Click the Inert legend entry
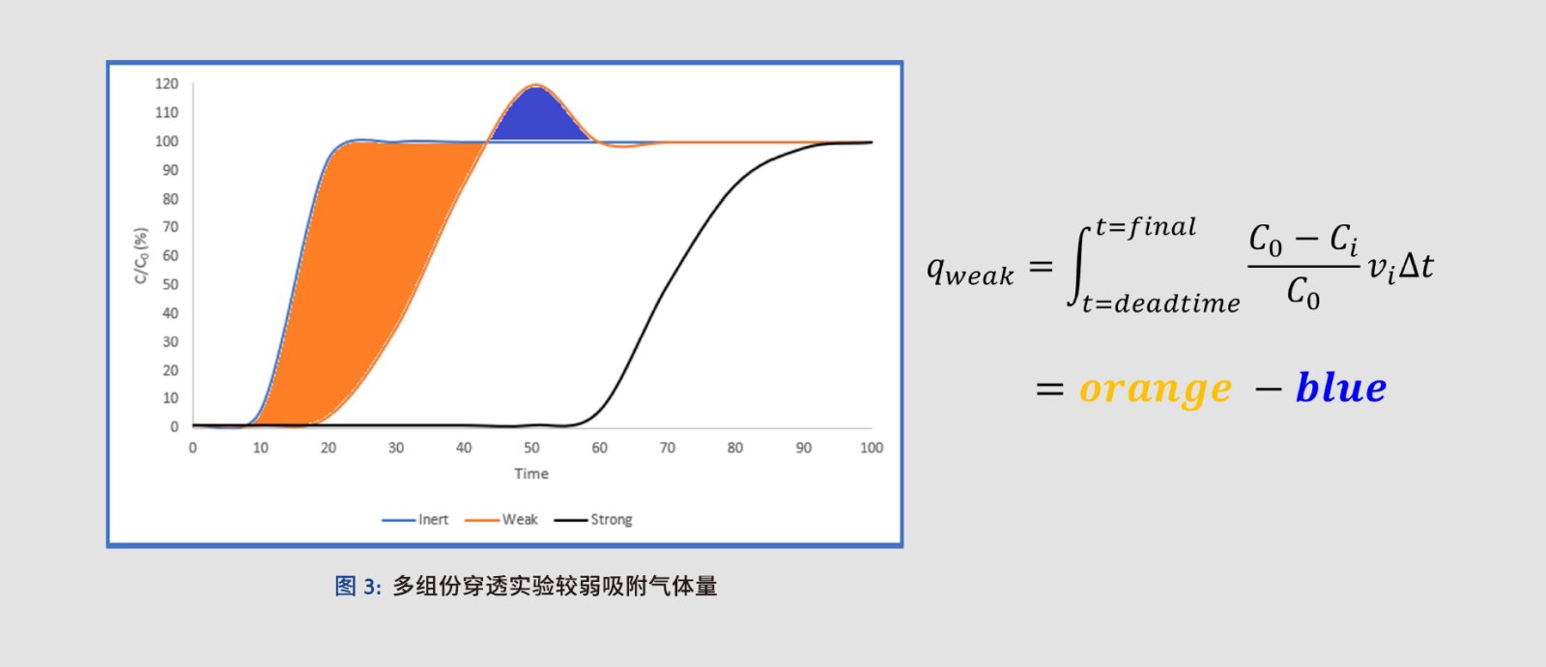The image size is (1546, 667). (415, 519)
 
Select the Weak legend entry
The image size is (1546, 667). (501, 519)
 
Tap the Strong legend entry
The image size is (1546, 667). (593, 519)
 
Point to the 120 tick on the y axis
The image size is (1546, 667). (166, 83)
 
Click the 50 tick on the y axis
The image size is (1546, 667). (170, 284)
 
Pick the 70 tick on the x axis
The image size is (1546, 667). (667, 448)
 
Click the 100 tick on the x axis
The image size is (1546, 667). (871, 448)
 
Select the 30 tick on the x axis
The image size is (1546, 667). (395, 448)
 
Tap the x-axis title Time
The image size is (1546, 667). (531, 474)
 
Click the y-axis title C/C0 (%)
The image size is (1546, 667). (141, 255)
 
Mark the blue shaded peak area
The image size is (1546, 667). (537, 117)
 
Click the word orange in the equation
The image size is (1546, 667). (1156, 388)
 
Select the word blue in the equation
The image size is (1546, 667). (1341, 387)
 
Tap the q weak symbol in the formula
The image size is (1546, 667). (970, 270)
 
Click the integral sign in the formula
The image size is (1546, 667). (1079, 266)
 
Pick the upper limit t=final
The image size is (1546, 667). (1146, 227)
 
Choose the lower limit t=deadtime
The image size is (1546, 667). (1160, 304)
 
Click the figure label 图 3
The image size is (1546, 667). (358, 586)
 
